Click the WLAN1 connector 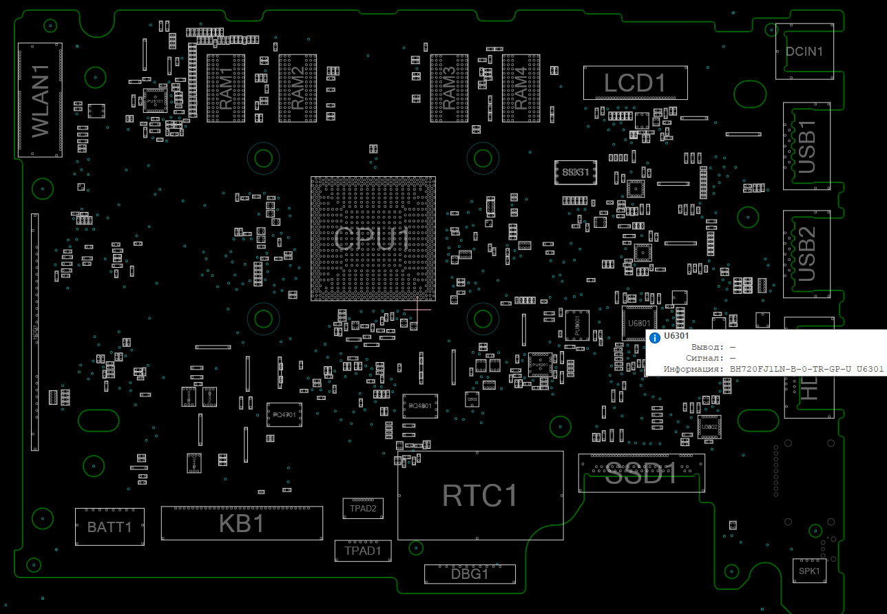(40, 100)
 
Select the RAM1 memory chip (226, 88)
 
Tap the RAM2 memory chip (298, 88)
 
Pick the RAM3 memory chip (449, 88)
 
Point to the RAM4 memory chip (521, 88)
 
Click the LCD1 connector (635, 83)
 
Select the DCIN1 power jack (804, 51)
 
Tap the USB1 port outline (806, 147)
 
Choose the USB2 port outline (806, 254)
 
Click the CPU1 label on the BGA (373, 239)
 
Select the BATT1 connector (109, 527)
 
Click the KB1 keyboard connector (242, 524)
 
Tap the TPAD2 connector (363, 509)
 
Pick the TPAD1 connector (363, 550)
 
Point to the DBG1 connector (470, 573)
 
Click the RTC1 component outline (480, 496)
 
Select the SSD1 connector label (641, 473)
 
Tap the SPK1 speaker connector (808, 571)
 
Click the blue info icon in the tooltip (655, 337)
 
